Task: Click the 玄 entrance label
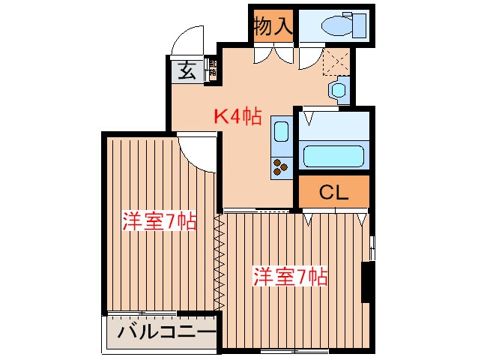point(185,72)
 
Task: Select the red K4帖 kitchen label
point(238,116)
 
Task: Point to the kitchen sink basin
point(281,132)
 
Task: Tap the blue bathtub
point(333,157)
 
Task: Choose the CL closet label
point(334,193)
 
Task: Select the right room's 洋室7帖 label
point(290,276)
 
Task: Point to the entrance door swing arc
point(187,41)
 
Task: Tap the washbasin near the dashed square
point(338,90)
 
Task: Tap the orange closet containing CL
point(334,193)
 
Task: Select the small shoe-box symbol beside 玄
point(212,71)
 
